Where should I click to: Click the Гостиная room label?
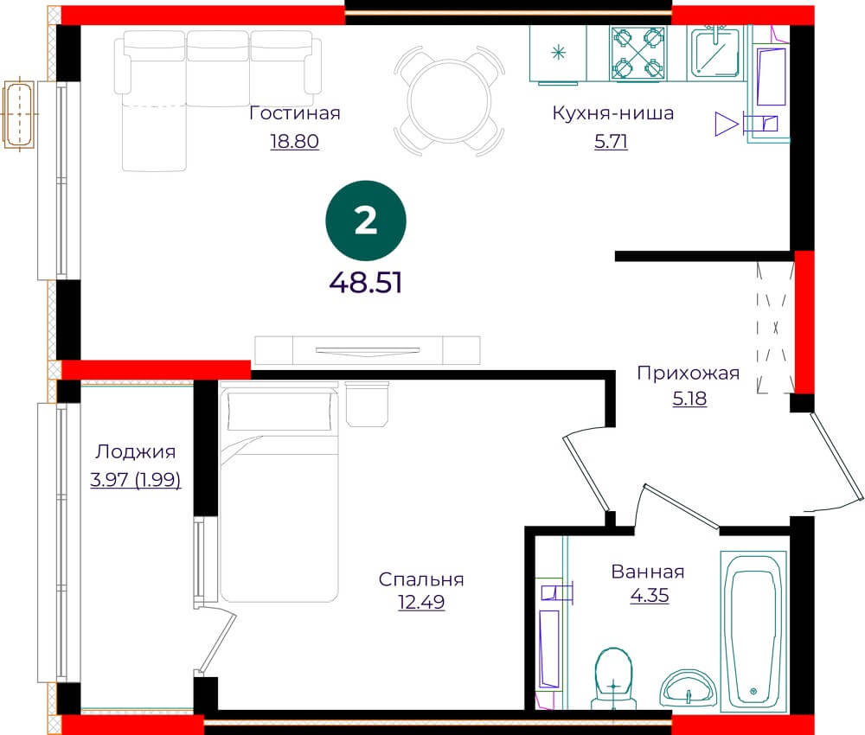coord(295,113)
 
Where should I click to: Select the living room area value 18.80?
coord(295,141)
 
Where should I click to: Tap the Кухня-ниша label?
coord(613,113)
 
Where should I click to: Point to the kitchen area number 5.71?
coord(612,141)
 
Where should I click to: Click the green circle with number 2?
coord(366,220)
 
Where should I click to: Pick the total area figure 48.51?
coord(366,283)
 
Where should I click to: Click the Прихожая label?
coord(689,374)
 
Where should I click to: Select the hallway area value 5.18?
coord(689,398)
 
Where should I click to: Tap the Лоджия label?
coord(136,451)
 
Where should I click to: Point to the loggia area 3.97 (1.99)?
coord(136,480)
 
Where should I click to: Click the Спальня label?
coord(421,579)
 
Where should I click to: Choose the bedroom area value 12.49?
coord(421,602)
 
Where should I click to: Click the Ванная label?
coord(648,572)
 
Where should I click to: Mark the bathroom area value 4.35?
coord(650,596)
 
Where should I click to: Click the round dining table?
coord(449,100)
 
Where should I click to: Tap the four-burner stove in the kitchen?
coord(638,53)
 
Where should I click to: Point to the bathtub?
coord(754,630)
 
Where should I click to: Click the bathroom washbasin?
coord(689,687)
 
